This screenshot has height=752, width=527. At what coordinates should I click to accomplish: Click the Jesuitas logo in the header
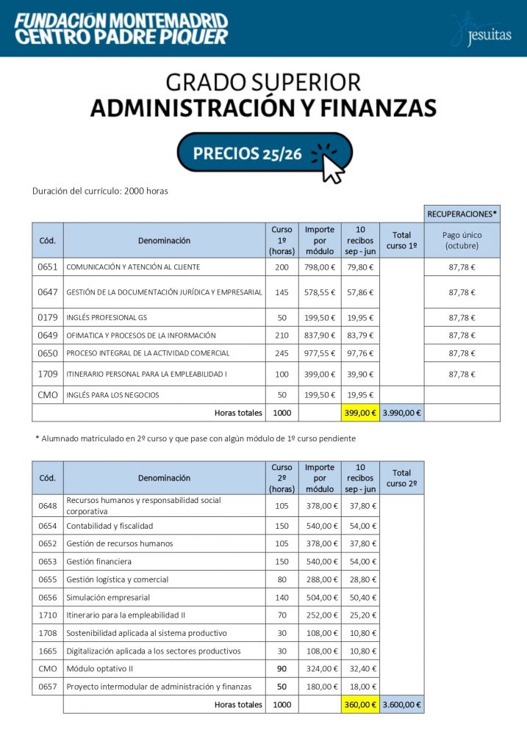pyautogui.click(x=481, y=30)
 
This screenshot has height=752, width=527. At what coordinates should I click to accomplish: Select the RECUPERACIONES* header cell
pyautogui.click(x=462, y=214)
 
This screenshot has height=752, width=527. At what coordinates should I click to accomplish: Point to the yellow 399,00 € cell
pyautogui.click(x=360, y=413)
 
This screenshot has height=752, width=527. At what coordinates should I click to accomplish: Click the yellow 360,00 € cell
pyautogui.click(x=360, y=704)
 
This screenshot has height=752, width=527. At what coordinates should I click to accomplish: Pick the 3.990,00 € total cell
pyautogui.click(x=402, y=413)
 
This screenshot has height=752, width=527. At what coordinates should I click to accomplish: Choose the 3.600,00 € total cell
pyautogui.click(x=402, y=704)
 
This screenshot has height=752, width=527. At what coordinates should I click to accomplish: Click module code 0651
pyautogui.click(x=47, y=267)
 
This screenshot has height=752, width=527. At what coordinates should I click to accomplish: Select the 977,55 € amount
pyautogui.click(x=320, y=353)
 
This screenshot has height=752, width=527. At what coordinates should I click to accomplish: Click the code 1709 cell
pyautogui.click(x=47, y=374)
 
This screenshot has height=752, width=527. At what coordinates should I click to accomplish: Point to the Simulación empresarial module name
pyautogui.click(x=108, y=598)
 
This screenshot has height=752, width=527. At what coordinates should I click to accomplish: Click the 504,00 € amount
pyautogui.click(x=320, y=598)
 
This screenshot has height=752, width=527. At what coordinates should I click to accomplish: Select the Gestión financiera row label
pyautogui.click(x=99, y=562)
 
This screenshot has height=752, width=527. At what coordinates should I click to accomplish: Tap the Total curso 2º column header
pyautogui.click(x=401, y=478)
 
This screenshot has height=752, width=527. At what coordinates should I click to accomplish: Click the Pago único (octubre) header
pyautogui.click(x=462, y=240)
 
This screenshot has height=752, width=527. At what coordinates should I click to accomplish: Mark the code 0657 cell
pyautogui.click(x=47, y=687)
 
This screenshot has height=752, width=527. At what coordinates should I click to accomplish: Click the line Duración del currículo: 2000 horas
pyautogui.click(x=100, y=192)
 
